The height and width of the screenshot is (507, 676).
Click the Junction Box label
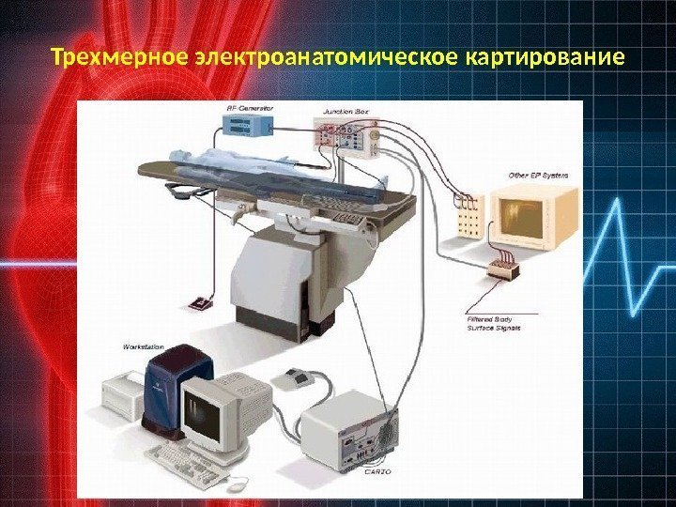[346, 109]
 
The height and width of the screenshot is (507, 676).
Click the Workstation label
[146, 346]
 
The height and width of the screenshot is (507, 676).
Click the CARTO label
[377, 472]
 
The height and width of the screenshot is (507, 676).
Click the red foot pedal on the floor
[202, 304]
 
